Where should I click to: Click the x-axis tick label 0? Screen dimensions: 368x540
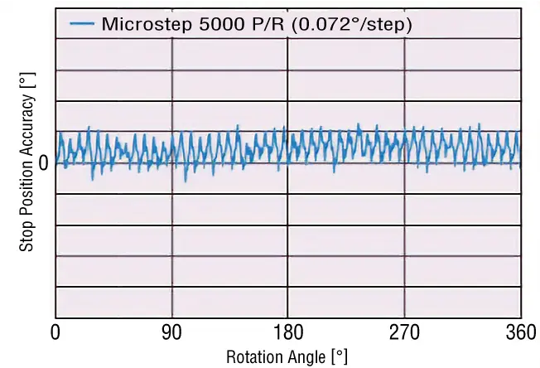(x=55, y=334)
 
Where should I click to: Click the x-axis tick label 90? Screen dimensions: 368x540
(x=171, y=334)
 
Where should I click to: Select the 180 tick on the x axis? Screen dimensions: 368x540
(x=287, y=334)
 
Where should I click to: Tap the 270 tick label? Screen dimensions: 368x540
(x=404, y=334)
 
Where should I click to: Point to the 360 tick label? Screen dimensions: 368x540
(x=519, y=334)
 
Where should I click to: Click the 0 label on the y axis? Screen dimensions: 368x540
(x=43, y=163)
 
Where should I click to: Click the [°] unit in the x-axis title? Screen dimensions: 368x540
(x=340, y=357)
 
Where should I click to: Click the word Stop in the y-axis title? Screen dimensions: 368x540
(x=27, y=236)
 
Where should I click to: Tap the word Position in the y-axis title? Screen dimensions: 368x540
(x=27, y=191)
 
